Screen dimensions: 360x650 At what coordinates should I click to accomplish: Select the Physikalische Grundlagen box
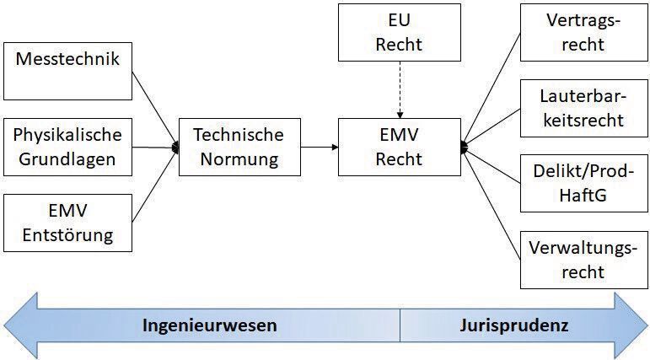(68, 147)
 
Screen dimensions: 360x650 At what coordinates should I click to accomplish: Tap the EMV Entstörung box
(68, 222)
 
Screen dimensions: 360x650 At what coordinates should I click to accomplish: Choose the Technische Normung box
(239, 147)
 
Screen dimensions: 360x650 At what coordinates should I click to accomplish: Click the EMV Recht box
(400, 147)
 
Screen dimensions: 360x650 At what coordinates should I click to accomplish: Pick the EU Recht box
(400, 32)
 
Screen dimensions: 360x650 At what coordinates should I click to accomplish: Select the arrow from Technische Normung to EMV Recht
(319, 148)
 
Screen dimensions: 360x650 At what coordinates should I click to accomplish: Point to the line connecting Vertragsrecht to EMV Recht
(493, 89)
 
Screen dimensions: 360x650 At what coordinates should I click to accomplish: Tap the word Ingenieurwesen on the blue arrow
(209, 325)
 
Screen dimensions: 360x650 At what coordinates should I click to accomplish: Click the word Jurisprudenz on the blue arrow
(515, 325)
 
